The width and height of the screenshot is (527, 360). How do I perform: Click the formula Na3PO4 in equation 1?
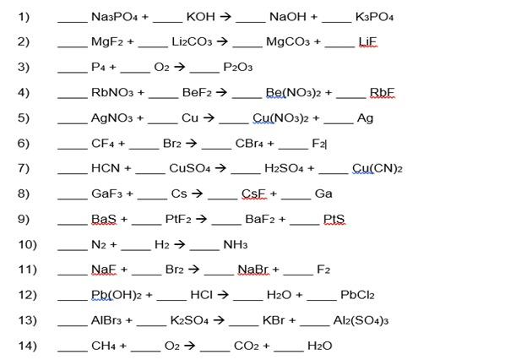[x=114, y=17]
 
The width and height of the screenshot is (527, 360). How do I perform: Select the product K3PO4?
[x=375, y=17]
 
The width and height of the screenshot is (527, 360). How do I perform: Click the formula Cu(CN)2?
[x=377, y=168]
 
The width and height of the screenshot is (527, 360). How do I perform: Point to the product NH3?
[x=235, y=245]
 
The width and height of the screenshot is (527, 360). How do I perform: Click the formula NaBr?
[x=253, y=270]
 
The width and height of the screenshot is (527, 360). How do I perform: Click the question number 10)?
[x=27, y=245]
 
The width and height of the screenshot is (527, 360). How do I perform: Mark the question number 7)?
[x=24, y=168]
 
